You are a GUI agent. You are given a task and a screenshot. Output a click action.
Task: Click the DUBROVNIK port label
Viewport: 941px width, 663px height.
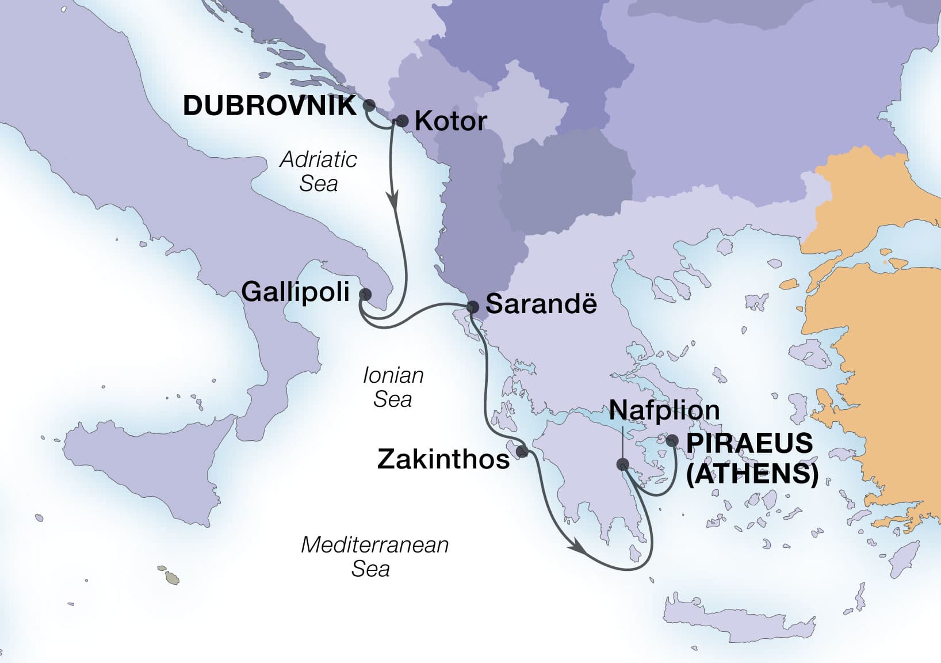coord(269,106)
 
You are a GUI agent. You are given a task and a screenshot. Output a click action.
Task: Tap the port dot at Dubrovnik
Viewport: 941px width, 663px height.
coord(369,105)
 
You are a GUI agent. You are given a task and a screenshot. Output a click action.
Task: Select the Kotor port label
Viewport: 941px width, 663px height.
coord(450,121)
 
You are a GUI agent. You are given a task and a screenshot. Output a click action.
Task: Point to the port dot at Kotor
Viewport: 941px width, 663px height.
coord(403,121)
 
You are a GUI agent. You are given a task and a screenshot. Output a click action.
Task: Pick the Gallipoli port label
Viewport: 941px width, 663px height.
coord(295,292)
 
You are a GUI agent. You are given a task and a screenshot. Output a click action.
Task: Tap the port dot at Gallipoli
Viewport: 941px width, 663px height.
coord(365,294)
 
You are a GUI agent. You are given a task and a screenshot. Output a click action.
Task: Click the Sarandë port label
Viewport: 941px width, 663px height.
coord(541,304)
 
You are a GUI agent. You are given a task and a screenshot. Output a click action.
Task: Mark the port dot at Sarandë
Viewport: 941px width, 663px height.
coord(472,307)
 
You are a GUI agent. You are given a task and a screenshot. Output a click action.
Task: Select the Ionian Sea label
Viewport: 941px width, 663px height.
coord(393,387)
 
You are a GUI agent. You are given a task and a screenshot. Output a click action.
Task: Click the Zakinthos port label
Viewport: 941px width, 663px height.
coord(443,459)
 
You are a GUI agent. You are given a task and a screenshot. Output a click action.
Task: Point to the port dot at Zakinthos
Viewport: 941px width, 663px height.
coord(522,452)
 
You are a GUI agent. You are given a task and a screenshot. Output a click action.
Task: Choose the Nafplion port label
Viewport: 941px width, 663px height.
coord(664,410)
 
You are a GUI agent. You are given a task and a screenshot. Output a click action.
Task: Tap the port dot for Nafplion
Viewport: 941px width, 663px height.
coord(622,464)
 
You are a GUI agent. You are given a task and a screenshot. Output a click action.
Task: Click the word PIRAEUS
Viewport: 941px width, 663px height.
coord(749,444)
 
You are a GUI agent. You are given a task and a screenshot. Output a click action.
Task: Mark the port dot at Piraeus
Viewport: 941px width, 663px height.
coord(671,441)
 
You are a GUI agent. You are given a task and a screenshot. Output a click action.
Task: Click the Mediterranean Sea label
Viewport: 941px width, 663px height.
coord(374,557)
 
